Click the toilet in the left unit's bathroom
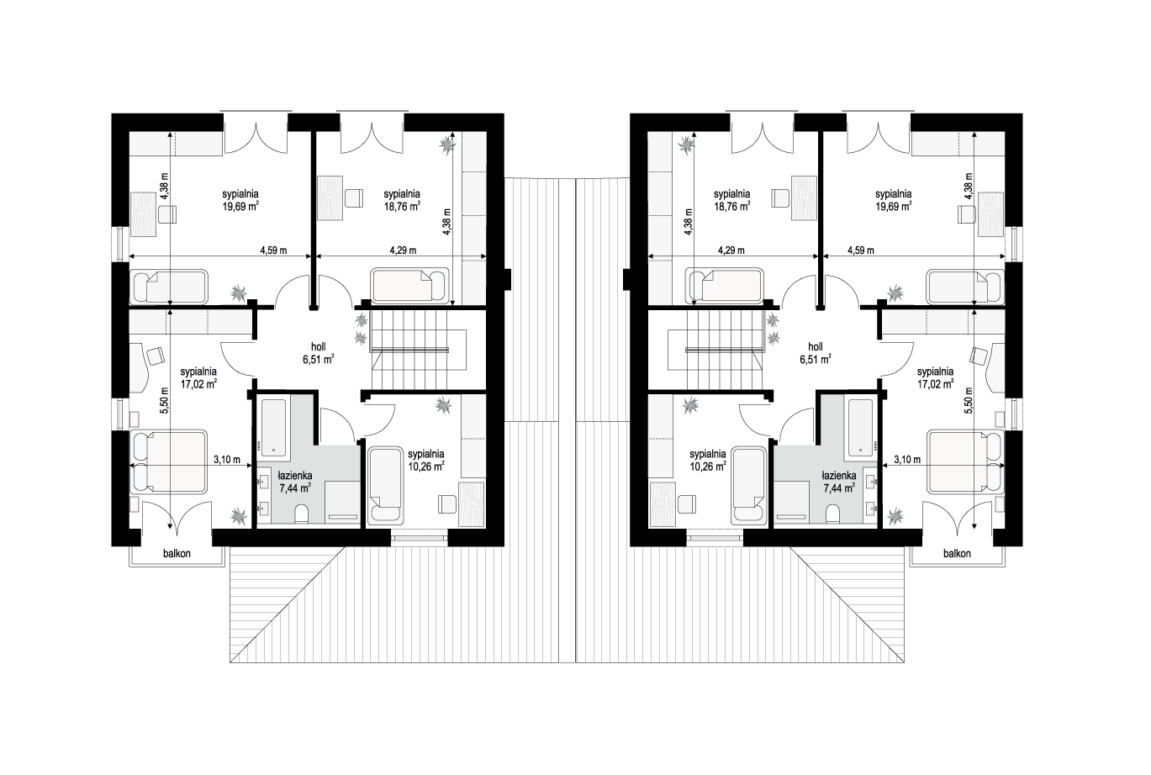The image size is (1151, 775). (x=302, y=513)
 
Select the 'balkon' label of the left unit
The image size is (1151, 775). (x=177, y=554)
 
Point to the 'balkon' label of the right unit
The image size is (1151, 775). (x=957, y=554)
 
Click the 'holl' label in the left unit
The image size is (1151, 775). (x=318, y=346)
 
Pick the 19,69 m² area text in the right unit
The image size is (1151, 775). (x=893, y=207)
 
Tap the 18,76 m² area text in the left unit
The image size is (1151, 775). (x=403, y=207)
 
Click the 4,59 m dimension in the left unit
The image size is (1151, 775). (x=273, y=250)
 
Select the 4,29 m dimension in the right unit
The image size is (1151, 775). (x=731, y=250)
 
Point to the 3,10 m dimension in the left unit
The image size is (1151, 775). (x=227, y=460)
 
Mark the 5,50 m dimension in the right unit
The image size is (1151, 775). (x=969, y=400)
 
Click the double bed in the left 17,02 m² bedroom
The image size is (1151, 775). (x=170, y=461)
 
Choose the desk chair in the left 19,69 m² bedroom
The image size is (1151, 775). (x=167, y=214)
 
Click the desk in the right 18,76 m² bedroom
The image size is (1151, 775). (x=804, y=198)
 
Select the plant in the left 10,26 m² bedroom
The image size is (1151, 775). (x=443, y=406)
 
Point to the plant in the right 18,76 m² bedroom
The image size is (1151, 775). (x=687, y=145)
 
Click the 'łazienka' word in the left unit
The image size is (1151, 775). (x=295, y=476)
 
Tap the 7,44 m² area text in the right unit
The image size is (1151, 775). (x=840, y=488)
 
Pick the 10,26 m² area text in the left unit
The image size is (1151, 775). (x=426, y=467)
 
